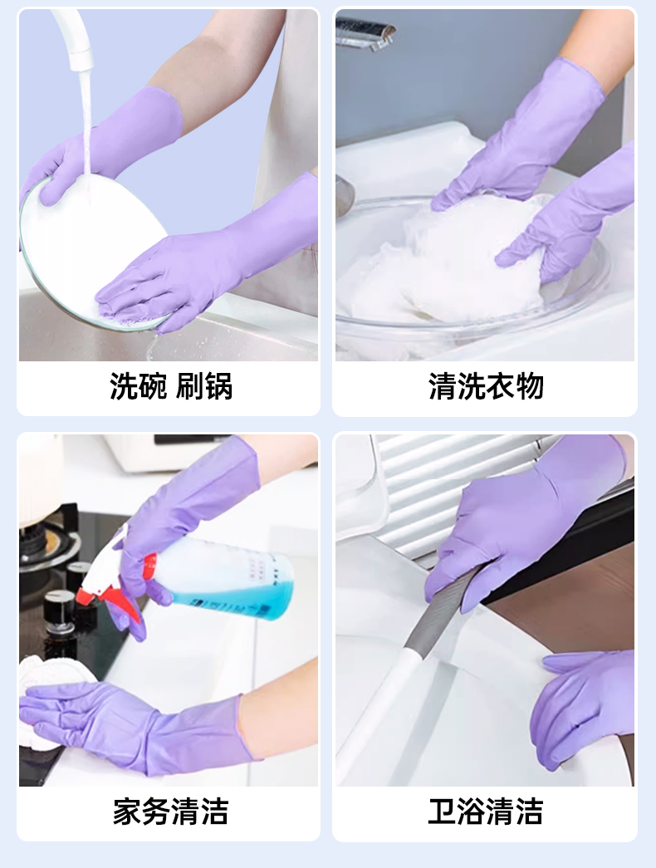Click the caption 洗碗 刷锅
(x=170, y=386)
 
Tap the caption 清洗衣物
(x=486, y=386)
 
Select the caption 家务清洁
(x=170, y=811)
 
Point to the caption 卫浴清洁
(x=486, y=811)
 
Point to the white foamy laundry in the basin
(x=443, y=266)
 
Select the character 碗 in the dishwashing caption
(x=152, y=386)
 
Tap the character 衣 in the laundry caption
(x=500, y=386)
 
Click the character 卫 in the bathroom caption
(x=442, y=811)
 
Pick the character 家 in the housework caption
(x=127, y=811)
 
